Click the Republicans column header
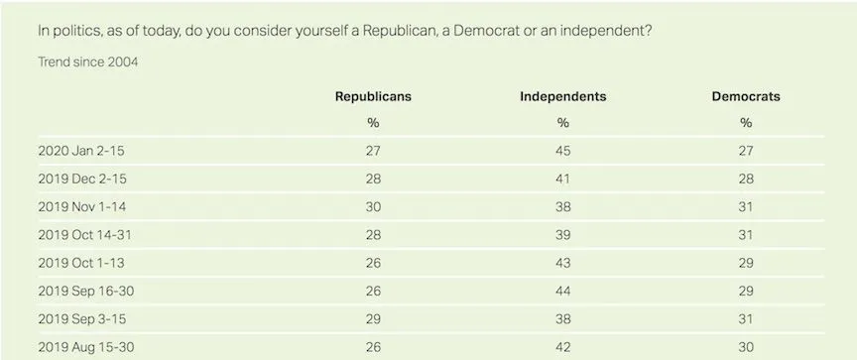[x=372, y=96]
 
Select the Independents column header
[x=562, y=96]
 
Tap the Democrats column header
[x=746, y=96]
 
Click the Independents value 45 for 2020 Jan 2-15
[x=562, y=151]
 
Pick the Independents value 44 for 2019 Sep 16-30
[x=562, y=293]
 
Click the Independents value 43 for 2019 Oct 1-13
[x=562, y=264]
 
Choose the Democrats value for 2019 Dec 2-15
[x=746, y=179]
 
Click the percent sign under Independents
[x=562, y=123]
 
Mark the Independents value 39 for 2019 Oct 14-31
[x=562, y=236]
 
